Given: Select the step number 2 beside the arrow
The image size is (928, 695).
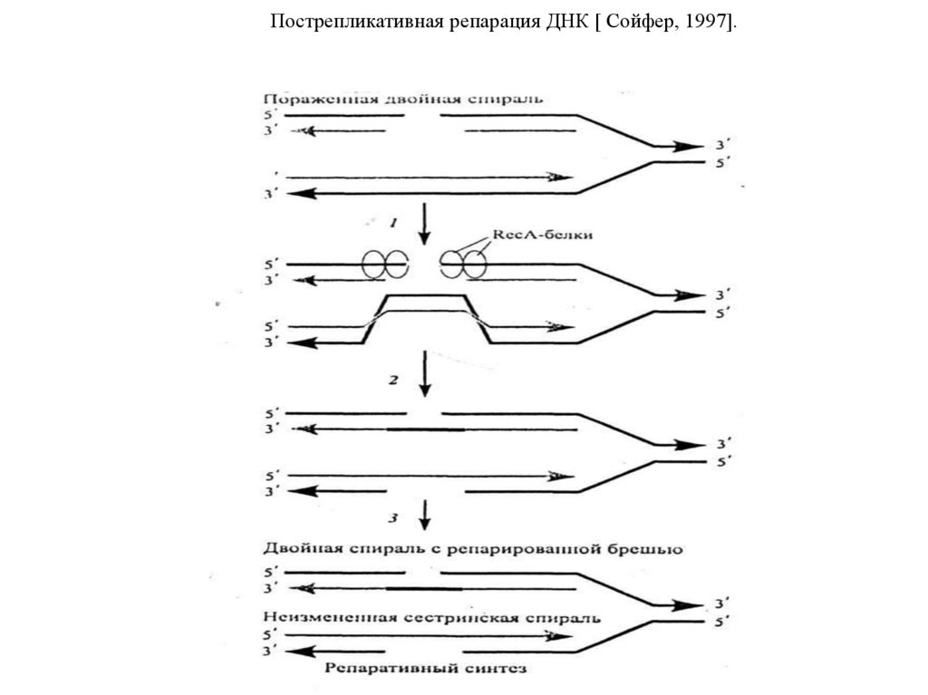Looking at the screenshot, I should [393, 381].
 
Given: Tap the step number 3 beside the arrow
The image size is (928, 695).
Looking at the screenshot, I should [392, 518].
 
